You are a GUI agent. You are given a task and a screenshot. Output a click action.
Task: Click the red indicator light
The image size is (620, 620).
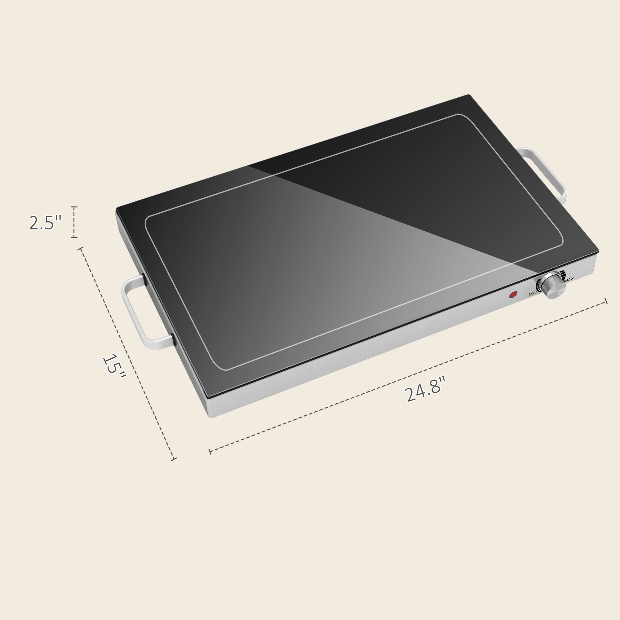tap(513, 294)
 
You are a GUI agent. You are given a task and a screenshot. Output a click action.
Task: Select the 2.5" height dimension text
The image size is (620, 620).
tap(45, 223)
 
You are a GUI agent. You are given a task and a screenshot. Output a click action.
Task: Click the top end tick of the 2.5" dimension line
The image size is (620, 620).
tap(74, 207)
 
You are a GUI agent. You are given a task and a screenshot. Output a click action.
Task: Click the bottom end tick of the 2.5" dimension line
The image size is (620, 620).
tap(74, 237)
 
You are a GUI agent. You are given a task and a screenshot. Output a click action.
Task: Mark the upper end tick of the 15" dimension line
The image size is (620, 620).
tap(81, 248)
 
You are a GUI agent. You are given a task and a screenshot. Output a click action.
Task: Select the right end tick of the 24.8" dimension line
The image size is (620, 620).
tap(606, 301)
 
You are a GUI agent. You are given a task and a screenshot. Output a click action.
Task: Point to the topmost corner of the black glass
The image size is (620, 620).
tap(468, 95)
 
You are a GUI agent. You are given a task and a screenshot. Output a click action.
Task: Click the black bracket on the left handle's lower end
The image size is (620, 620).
tap(174, 339)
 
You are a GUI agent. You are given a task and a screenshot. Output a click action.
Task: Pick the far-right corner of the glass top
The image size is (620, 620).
tap(598, 250)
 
